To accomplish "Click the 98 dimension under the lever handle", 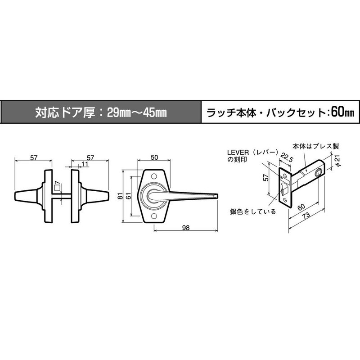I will (186, 228).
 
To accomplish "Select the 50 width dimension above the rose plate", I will (155, 158).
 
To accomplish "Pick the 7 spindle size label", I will (57, 184).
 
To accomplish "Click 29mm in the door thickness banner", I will (119, 112).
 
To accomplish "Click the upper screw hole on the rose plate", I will (155, 176).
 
